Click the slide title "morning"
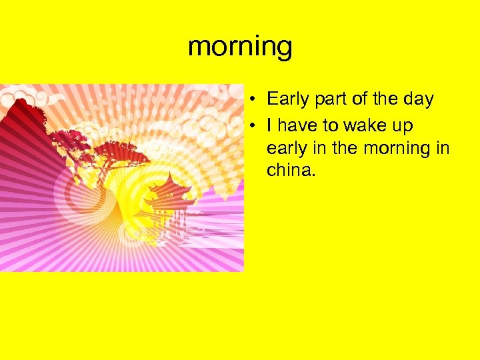pos(240,47)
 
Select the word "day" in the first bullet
pos(419,100)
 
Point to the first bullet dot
pos(255,101)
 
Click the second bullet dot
pos(255,125)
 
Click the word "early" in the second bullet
pos(285,149)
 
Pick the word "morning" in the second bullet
pos(395,149)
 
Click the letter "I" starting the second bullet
pos(269,125)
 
